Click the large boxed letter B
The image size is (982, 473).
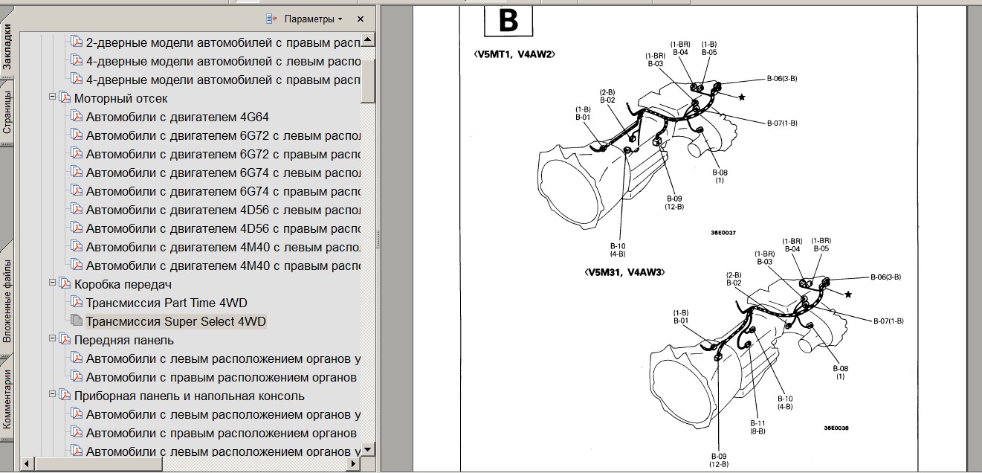coord(508,22)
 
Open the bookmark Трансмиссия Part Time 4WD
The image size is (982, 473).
coord(167,303)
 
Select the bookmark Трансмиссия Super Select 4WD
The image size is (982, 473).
coord(175,321)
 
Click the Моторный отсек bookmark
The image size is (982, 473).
coord(120,98)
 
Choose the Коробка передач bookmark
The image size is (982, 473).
coord(123,284)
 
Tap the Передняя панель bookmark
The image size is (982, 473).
coord(123,340)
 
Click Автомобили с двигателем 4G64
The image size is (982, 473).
coord(177,117)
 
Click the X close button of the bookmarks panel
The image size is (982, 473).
coord(361,19)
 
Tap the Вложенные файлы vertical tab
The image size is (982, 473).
coord(7,301)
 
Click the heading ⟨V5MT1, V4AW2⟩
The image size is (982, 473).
coord(514,54)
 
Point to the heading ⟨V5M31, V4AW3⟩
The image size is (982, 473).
coord(624,272)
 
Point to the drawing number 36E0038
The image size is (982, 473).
coord(836,428)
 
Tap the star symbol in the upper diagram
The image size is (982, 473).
coord(741,97)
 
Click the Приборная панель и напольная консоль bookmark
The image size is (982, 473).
coord(189,396)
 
